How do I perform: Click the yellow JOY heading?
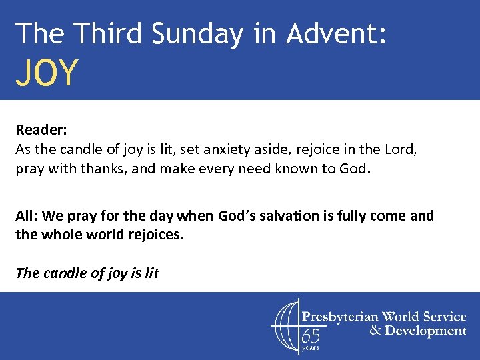[47, 73]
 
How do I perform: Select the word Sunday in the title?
[198, 33]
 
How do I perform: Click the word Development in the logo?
[425, 330]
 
